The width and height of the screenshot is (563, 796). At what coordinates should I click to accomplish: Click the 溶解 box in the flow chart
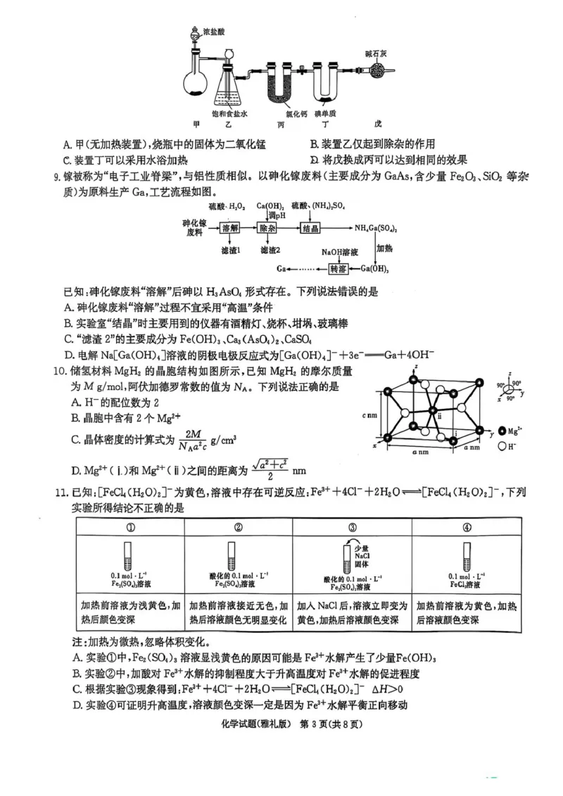click(x=230, y=228)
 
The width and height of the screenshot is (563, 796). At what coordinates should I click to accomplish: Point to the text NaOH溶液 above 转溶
click(x=340, y=251)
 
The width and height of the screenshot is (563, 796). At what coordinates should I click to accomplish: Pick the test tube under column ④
click(x=465, y=555)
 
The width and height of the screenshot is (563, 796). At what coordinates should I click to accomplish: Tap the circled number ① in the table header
click(x=129, y=528)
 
